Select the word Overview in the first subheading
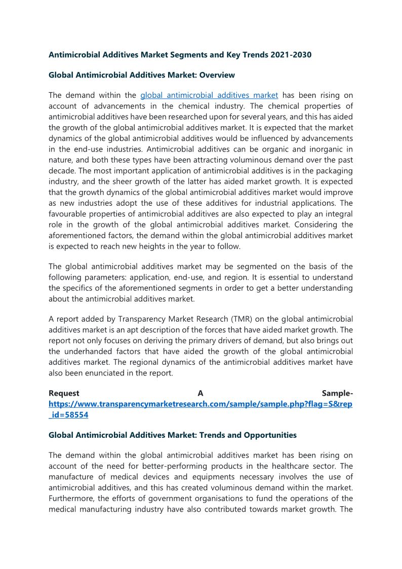tap(217, 75)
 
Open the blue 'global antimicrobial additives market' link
tap(209, 95)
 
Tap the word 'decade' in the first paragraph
tap(61, 170)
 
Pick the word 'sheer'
tap(129, 181)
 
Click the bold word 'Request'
tap(64, 393)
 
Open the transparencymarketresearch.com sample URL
tap(200, 404)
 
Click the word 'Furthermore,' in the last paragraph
tap(71, 498)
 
